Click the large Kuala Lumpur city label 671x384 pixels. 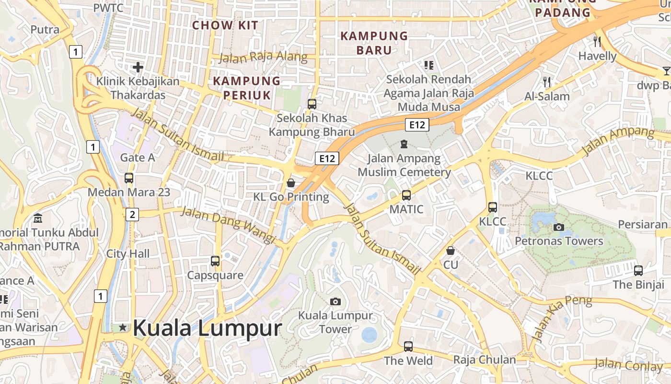coord(207,328)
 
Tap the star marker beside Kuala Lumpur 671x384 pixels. coord(123,327)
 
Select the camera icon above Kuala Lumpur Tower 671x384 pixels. coord(335,301)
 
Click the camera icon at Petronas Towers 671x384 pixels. coord(558,227)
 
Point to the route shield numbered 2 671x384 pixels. coord(132,214)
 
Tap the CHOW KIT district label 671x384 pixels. coord(225,25)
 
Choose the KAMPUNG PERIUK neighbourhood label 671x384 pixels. coord(246,88)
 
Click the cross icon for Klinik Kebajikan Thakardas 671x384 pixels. coord(138,67)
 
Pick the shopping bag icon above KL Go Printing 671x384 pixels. coord(291,183)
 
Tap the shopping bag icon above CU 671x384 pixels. coord(451,251)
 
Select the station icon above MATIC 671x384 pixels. coord(406,195)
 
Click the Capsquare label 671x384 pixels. coord(215,276)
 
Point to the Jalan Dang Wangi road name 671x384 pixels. coord(228,225)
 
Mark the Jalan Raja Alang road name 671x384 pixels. coord(263,57)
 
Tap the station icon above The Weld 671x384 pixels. coord(408,346)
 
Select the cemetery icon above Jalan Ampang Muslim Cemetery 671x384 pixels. coord(404,144)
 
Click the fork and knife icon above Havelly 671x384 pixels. coord(597,42)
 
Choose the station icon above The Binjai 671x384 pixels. coord(638,270)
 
